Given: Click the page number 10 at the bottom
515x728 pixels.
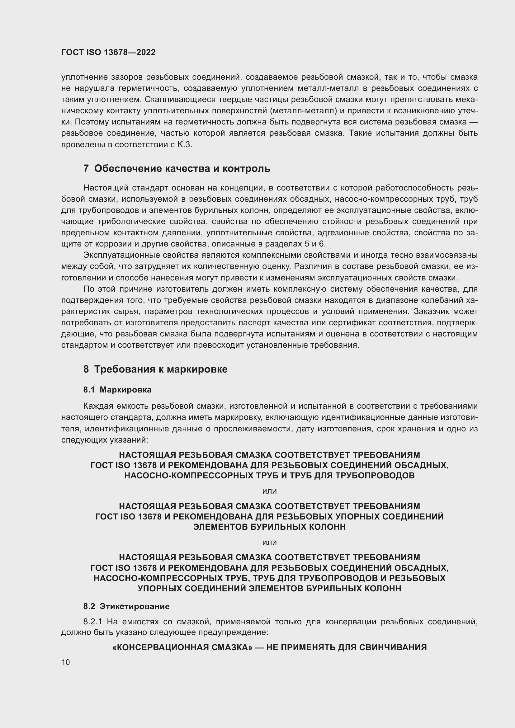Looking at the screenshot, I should pos(66,662).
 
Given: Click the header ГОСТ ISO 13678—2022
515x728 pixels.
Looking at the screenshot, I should pos(108,53).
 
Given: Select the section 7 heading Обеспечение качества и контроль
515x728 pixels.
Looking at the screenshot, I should pos(177,169).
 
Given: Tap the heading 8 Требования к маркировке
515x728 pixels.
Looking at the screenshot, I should pos(155,369).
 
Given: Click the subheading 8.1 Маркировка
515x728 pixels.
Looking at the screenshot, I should pos(117,390).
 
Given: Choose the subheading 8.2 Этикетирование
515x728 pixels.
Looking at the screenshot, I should pos(126,606).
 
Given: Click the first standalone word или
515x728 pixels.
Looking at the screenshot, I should pos(270,491).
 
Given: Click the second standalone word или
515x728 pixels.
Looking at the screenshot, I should pos(270,542).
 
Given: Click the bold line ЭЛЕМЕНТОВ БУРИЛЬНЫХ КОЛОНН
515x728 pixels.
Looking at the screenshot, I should pos(270,527).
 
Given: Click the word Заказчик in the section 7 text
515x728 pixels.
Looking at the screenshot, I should pos(433,312).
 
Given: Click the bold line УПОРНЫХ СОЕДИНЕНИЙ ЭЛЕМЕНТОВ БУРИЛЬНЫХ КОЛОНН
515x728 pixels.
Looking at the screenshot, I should pos(270,589).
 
